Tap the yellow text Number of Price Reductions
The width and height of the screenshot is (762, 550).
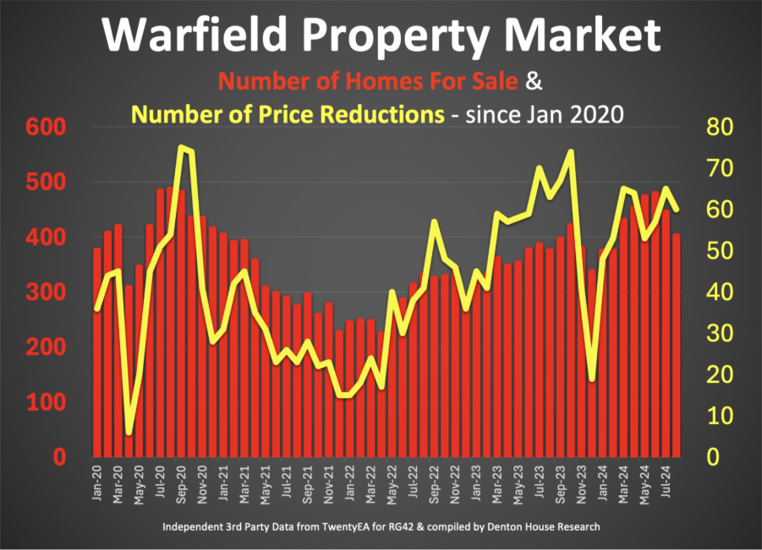(x=288, y=114)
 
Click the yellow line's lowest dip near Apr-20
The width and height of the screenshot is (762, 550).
(x=129, y=433)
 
